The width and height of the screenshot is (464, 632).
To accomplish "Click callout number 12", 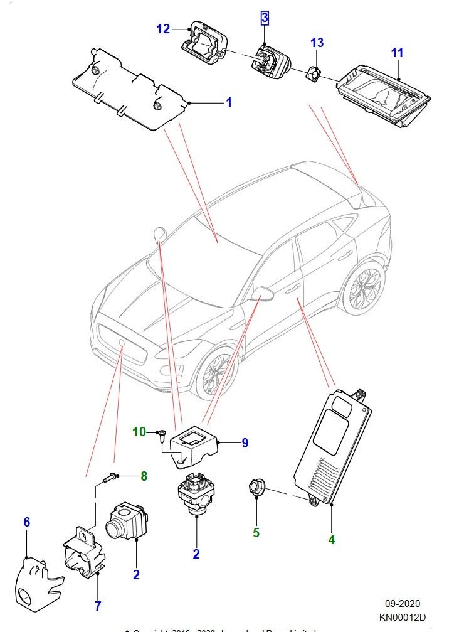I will tap(163, 29).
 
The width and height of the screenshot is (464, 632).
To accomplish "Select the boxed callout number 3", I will tap(265, 18).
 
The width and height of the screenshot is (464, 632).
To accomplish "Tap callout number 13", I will tap(317, 42).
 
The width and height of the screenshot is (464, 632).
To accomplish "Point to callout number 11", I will tap(397, 53).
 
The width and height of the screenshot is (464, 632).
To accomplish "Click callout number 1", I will tap(229, 102).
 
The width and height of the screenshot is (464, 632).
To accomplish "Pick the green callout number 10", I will tap(139, 432).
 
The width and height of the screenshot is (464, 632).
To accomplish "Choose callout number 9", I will tap(245, 443).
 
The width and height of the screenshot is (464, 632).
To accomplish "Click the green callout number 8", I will tap(144, 476).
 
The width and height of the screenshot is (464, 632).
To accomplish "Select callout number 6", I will tap(27, 522).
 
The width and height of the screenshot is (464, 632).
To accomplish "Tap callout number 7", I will tap(98, 606).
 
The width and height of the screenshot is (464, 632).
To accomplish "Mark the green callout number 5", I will tap(256, 533).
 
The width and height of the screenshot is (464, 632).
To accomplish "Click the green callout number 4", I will tap(332, 538).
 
